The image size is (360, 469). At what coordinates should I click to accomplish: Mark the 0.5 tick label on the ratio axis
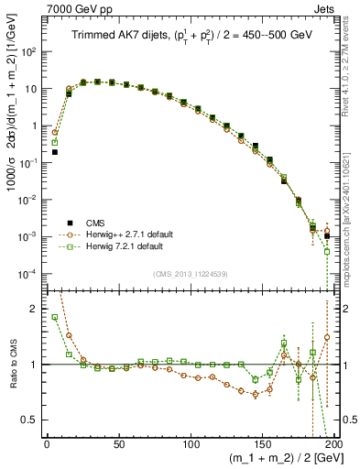32,420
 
